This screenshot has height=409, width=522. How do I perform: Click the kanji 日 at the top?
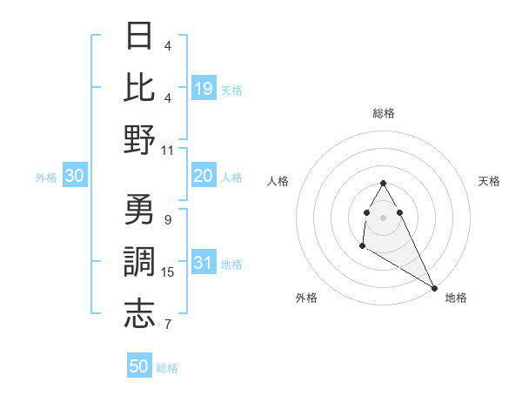[139, 37]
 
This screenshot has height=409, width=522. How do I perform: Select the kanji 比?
[139, 87]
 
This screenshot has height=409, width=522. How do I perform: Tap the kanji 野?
[139, 139]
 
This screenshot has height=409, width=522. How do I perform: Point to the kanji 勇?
[139, 211]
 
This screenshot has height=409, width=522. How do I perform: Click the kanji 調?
[139, 262]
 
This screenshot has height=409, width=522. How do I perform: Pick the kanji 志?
[139, 313]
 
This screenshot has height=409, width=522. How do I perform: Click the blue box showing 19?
[204, 88]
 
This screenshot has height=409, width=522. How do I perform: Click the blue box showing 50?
[139, 366]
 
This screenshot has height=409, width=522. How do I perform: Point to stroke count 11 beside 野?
[168, 150]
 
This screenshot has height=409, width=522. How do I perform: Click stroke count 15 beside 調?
[168, 272]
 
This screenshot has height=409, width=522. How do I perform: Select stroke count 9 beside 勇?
[168, 219]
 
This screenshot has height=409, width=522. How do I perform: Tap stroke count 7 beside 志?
[168, 325]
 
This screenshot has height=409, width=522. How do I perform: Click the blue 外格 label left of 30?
[46, 178]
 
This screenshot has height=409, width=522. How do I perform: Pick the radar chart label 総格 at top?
[384, 113]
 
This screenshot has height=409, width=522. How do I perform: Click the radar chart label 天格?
[490, 181]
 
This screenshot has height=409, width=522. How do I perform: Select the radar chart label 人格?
[278, 181]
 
